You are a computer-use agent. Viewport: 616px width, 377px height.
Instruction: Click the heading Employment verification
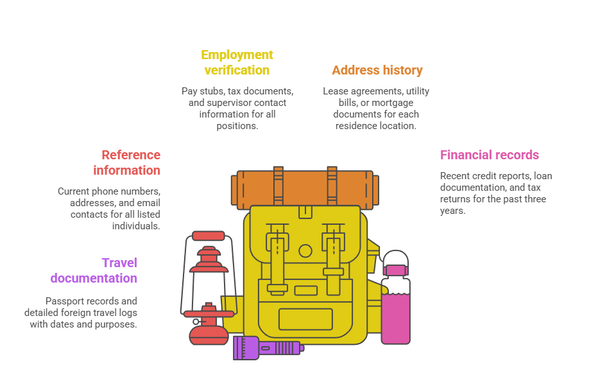[237, 62]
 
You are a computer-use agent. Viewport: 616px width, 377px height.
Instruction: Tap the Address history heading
[377, 70]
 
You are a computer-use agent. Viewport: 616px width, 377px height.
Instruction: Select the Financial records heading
[489, 155]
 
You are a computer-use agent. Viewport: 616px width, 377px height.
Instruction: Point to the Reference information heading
[130, 162]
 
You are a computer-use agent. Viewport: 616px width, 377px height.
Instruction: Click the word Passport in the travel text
[65, 301]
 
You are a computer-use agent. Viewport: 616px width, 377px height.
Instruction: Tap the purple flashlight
[266, 347]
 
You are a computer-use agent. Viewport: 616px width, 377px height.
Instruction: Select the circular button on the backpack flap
[305, 251]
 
